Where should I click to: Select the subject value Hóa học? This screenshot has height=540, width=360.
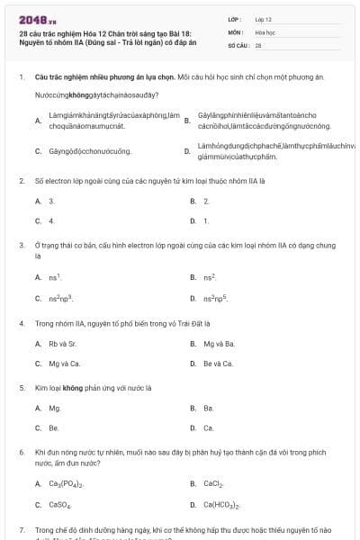tap(265, 31)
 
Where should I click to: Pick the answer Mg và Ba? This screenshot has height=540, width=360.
tap(219, 344)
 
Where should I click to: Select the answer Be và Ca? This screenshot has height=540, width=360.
tap(219, 364)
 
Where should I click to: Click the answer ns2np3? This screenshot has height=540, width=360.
tap(60, 297)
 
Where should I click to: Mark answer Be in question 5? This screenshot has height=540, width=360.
tap(54, 427)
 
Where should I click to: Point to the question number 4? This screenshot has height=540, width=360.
tap(21, 321)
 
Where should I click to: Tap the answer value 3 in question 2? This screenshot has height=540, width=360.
tap(51, 201)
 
